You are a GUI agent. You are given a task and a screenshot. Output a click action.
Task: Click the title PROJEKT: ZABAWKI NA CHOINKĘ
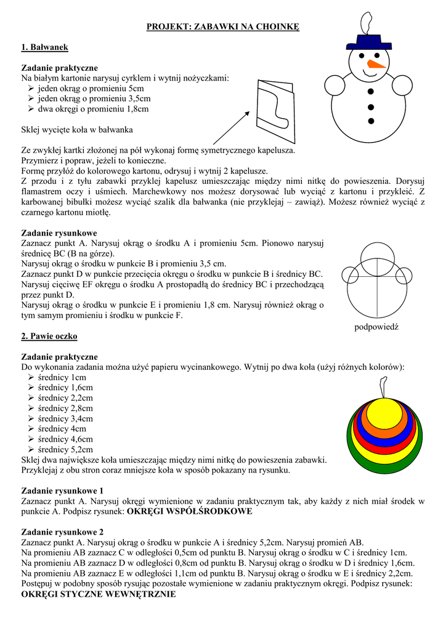[222, 26]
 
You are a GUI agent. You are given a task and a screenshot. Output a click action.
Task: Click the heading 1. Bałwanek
[44, 47]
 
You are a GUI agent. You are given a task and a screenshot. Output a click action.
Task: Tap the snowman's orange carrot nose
[376, 63]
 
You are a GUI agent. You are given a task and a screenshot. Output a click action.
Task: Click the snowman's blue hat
[369, 41]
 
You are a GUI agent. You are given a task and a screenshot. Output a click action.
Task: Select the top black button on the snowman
[370, 92]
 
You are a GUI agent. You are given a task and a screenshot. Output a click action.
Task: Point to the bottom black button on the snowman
[370, 120]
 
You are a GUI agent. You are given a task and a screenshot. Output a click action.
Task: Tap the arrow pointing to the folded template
[231, 129]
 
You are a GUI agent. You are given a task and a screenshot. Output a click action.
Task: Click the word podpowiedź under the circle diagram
[376, 327]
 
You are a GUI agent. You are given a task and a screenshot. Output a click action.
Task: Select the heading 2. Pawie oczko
[49, 337]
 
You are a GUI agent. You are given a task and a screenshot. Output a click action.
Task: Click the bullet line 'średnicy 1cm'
[62, 377]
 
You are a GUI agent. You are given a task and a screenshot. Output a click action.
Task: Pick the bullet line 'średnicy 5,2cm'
[65, 449]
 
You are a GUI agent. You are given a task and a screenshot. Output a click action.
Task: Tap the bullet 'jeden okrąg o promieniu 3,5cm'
[94, 98]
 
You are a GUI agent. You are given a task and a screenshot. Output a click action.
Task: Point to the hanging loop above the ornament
[383, 386]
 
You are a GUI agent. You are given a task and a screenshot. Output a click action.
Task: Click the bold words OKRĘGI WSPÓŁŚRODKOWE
[189, 511]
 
